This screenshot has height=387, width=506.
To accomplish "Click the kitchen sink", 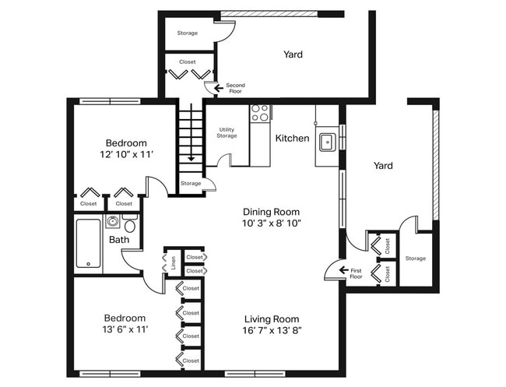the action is (x=328, y=142).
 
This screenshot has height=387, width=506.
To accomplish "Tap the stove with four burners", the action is (x=260, y=113).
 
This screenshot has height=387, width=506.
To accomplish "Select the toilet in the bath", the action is (x=130, y=223).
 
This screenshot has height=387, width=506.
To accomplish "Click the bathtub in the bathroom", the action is (x=88, y=244).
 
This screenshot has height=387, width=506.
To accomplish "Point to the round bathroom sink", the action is (x=112, y=221).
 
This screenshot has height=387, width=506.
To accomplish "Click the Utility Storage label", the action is (x=227, y=132).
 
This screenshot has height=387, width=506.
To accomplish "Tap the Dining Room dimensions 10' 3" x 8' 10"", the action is (x=272, y=223).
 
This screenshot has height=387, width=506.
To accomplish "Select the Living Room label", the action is (x=272, y=319).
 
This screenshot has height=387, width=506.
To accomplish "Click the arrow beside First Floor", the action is (x=343, y=270).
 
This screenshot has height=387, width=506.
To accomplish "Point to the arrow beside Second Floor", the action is (x=219, y=88).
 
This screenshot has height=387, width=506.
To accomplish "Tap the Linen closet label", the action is (x=174, y=262).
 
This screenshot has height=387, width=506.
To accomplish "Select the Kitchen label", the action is (x=293, y=138).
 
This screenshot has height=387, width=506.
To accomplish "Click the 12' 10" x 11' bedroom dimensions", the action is (x=126, y=155).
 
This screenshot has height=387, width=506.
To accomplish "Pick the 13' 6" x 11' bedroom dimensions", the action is (x=125, y=329).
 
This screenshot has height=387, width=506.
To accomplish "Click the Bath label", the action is (x=119, y=240).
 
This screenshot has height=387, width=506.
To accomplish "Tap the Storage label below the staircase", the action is (x=191, y=183).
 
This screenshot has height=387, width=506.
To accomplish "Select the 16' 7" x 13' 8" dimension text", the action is (x=272, y=330).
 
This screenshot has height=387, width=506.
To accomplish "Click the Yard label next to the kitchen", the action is (x=383, y=166).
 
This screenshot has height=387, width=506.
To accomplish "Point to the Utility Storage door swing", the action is (x=223, y=158).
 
